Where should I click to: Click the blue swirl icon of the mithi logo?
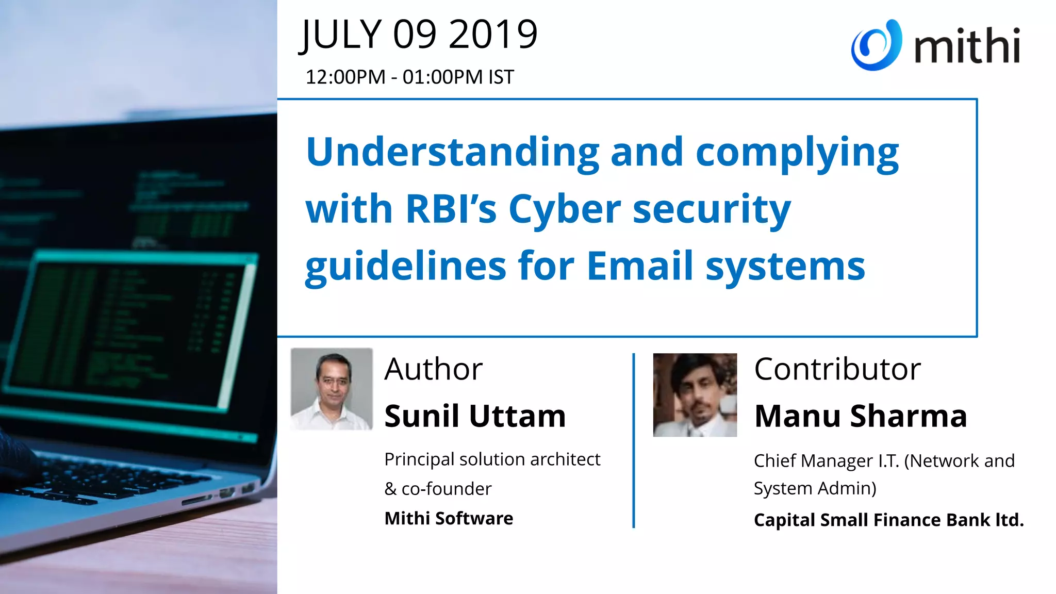pos(876,45)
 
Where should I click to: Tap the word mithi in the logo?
pos(967,46)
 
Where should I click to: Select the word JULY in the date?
pos(341,35)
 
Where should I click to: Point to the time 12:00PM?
pos(345,77)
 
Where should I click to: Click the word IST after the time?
pos(501,77)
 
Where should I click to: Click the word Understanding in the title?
pos(452,153)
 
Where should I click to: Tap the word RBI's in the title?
pos(451,209)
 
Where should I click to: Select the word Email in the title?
pos(639,266)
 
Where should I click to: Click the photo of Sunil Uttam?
pos(332,389)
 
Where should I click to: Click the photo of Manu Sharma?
pos(695,395)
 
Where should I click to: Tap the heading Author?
pos(433,369)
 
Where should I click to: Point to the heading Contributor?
pos(837,369)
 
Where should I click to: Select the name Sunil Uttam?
pos(475,416)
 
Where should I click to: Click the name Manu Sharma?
pos(860,416)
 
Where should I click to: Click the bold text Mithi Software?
pos(449,518)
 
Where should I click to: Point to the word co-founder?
pos(447,489)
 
